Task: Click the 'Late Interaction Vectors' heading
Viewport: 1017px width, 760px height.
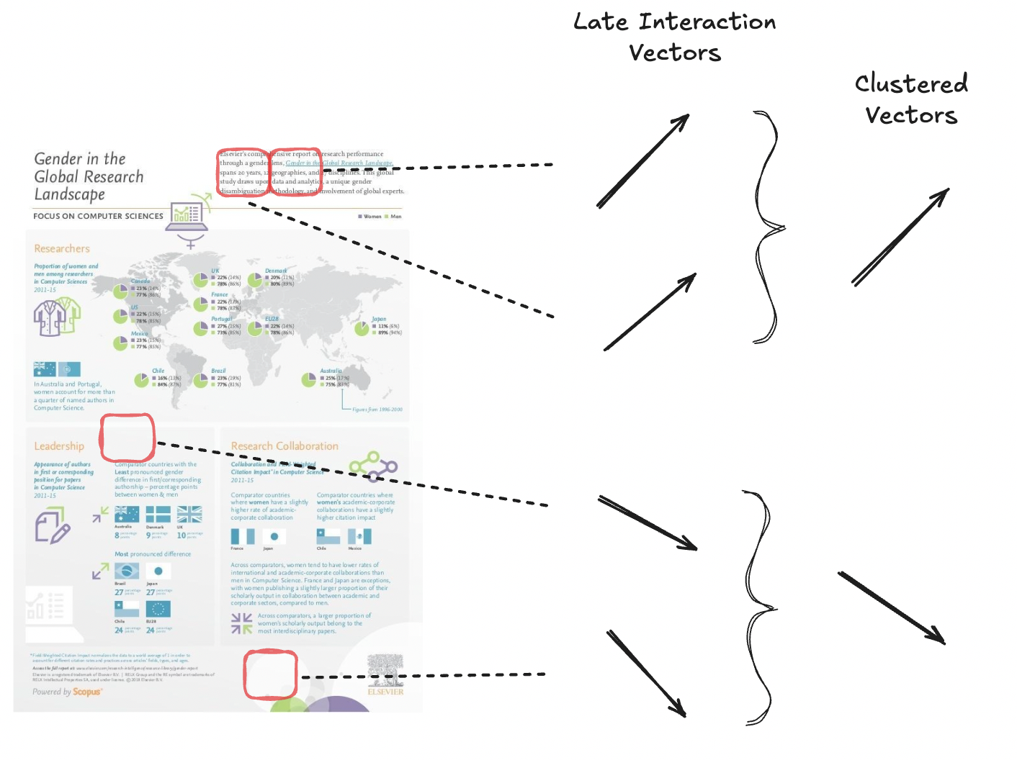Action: pyautogui.click(x=674, y=37)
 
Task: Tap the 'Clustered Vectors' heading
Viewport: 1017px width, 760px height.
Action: pyautogui.click(x=911, y=99)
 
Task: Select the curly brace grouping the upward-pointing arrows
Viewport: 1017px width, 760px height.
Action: pyautogui.click(x=768, y=227)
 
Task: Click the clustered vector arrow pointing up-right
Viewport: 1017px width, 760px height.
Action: pyautogui.click(x=900, y=237)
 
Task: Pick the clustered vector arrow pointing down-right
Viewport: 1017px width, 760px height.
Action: pyautogui.click(x=892, y=607)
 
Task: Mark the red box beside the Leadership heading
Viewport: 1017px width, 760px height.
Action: pyautogui.click(x=127, y=438)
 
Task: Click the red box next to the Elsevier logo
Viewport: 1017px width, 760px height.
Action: pyautogui.click(x=270, y=674)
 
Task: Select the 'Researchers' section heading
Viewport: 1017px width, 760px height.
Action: pyautogui.click(x=62, y=248)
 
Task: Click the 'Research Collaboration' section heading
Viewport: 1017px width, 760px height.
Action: pyautogui.click(x=285, y=446)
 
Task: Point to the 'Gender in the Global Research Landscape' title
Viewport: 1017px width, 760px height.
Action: pyautogui.click(x=89, y=176)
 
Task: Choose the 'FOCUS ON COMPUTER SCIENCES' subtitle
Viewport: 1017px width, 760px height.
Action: pyautogui.click(x=98, y=216)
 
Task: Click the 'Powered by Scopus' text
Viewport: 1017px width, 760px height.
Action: pyautogui.click(x=67, y=692)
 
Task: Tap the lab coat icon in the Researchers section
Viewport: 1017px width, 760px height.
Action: pyautogui.click(x=56, y=317)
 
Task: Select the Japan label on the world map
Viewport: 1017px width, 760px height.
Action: pyautogui.click(x=379, y=319)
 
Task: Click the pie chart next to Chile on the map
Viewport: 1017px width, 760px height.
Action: pyautogui.click(x=142, y=379)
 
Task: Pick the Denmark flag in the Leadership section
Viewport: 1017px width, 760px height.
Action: pyautogui.click(x=158, y=514)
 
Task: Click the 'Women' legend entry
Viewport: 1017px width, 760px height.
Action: pyautogui.click(x=369, y=216)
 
